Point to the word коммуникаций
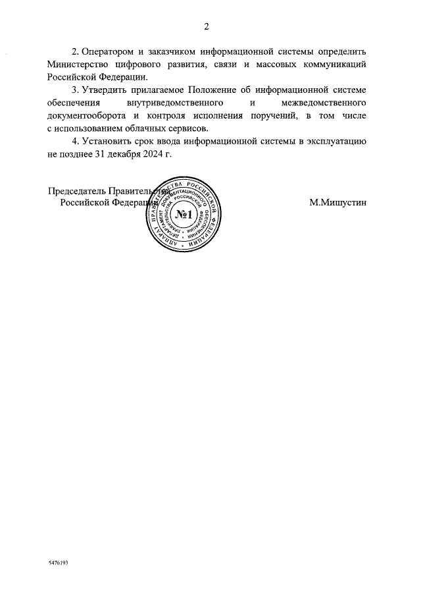pos(334,65)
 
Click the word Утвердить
pos(104,90)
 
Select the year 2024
pos(164,153)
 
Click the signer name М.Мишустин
pos(338,203)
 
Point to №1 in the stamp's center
pos(184,215)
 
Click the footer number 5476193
pos(58,564)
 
